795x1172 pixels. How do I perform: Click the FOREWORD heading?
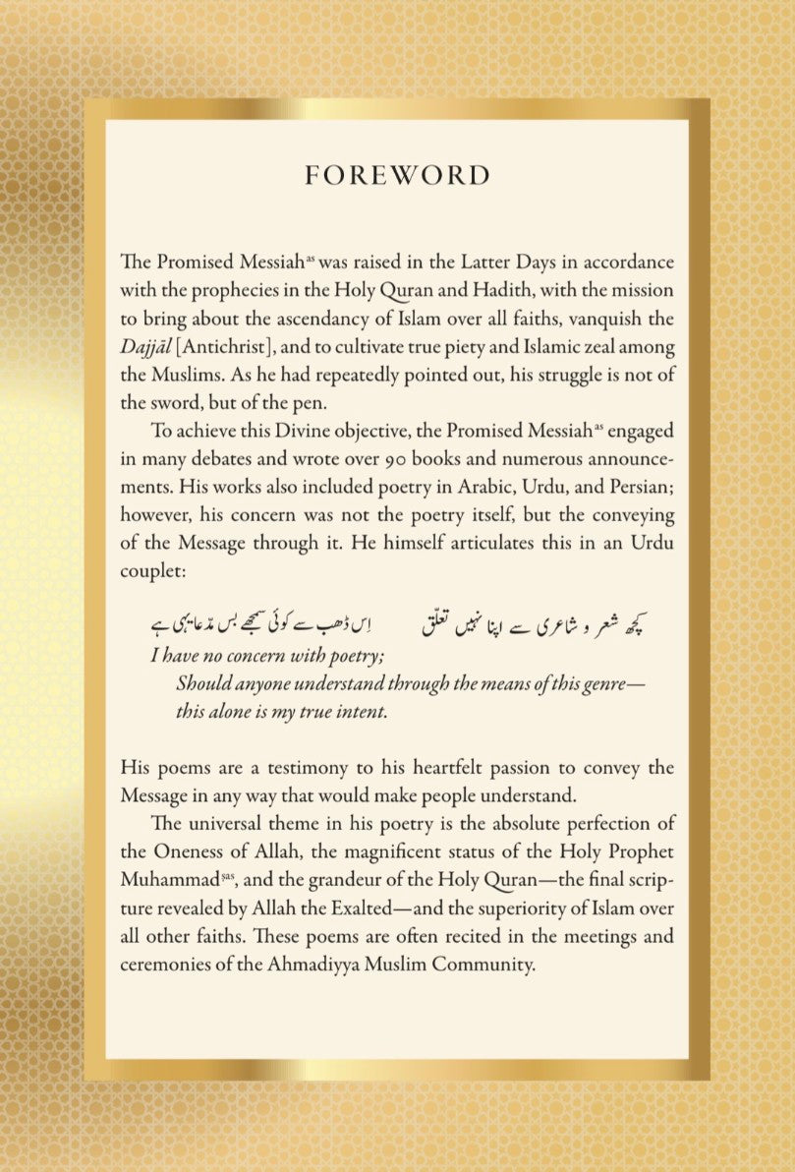397,175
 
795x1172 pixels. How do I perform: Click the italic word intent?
363,712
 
